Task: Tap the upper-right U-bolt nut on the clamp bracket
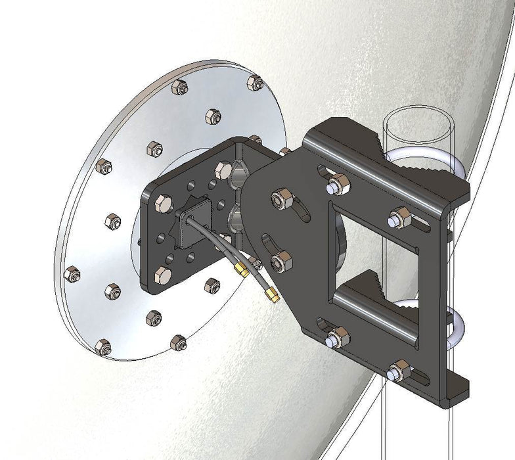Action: pyautogui.click(x=399, y=217)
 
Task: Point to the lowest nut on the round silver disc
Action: pyautogui.click(x=178, y=342)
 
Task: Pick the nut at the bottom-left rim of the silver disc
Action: pyautogui.click(x=102, y=346)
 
